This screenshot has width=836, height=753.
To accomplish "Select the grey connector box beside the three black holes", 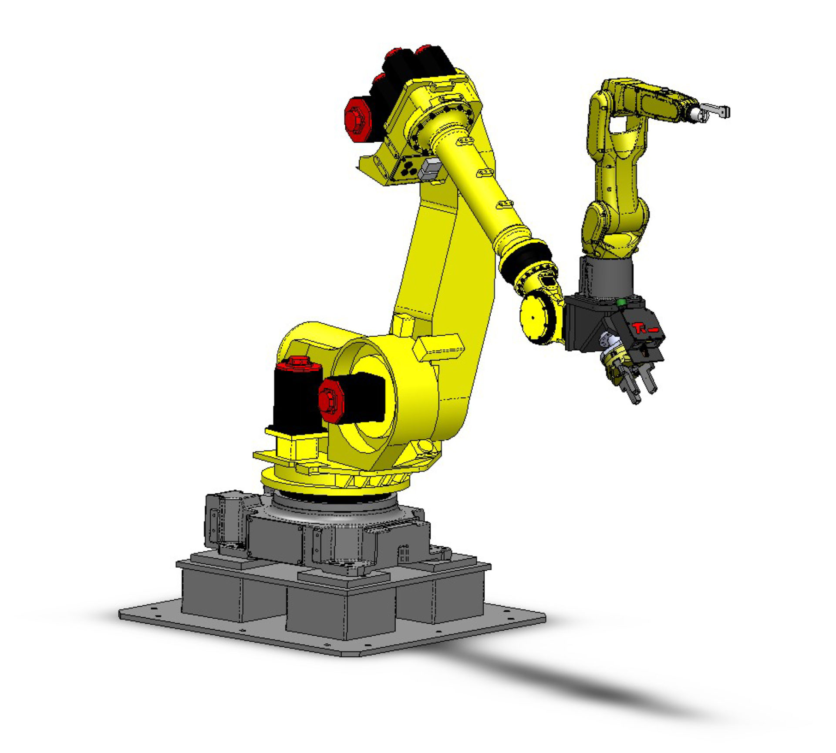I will pos(429,169).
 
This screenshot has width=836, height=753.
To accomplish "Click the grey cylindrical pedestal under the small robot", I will pos(605,276).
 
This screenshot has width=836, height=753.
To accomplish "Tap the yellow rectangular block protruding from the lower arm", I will pos(438,346).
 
